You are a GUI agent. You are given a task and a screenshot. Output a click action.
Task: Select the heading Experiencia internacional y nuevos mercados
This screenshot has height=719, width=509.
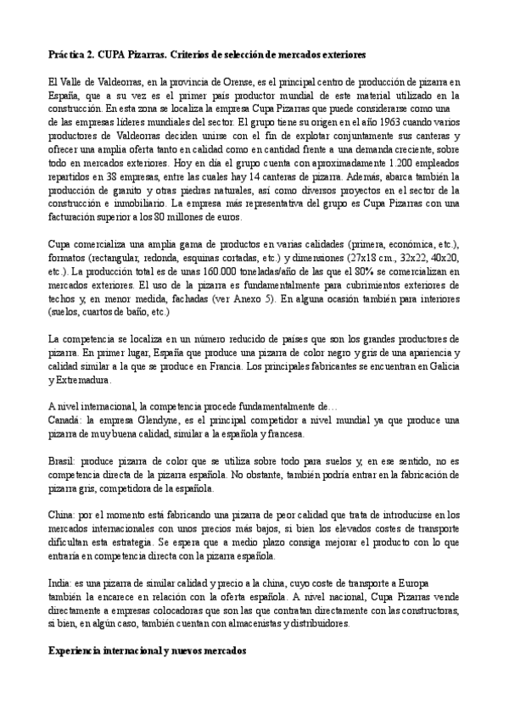tap(148, 655)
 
